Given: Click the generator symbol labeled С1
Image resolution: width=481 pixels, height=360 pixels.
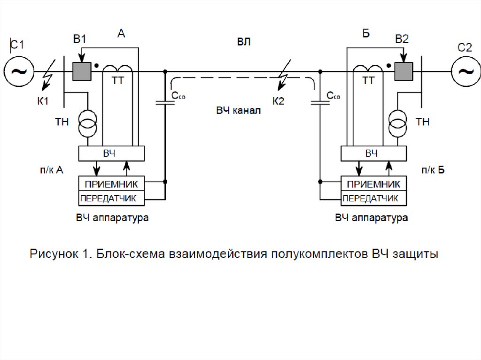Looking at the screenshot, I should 19,71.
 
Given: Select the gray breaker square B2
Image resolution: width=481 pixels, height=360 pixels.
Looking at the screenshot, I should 403,72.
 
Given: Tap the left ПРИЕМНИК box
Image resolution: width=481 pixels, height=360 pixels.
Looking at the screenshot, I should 111,183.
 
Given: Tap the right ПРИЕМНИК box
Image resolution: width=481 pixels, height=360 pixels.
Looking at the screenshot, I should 374,183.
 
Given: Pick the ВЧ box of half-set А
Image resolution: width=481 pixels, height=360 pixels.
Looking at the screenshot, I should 111,153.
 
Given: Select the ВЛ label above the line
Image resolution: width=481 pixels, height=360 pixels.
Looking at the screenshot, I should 243,42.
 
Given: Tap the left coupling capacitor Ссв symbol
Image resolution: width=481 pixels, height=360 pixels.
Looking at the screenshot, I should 165,101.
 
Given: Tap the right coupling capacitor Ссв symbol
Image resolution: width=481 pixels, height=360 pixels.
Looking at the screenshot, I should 319,101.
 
